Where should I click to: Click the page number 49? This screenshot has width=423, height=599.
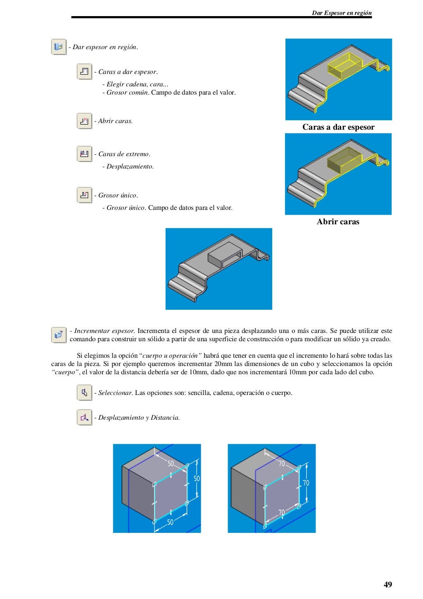click(x=387, y=584)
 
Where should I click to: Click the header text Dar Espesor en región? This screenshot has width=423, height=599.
click(x=342, y=13)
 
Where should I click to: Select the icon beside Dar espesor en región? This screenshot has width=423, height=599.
click(x=59, y=47)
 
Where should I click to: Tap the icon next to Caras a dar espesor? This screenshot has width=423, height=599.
click(x=84, y=71)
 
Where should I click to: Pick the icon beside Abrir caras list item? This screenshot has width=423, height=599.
click(x=84, y=121)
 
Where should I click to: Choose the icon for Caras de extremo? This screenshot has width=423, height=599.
click(x=84, y=154)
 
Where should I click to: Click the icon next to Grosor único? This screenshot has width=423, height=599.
click(x=84, y=195)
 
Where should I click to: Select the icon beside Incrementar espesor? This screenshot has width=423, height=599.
click(x=59, y=335)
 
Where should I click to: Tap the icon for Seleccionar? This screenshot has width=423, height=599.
click(x=84, y=392)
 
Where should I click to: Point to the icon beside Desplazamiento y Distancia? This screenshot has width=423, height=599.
click(x=84, y=417)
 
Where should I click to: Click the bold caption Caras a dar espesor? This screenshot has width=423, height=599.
click(x=338, y=127)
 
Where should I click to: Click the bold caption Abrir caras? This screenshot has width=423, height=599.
click(x=338, y=222)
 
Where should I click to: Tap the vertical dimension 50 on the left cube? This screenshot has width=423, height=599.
click(x=197, y=478)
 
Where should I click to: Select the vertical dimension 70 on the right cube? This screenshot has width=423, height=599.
click(x=306, y=483)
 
